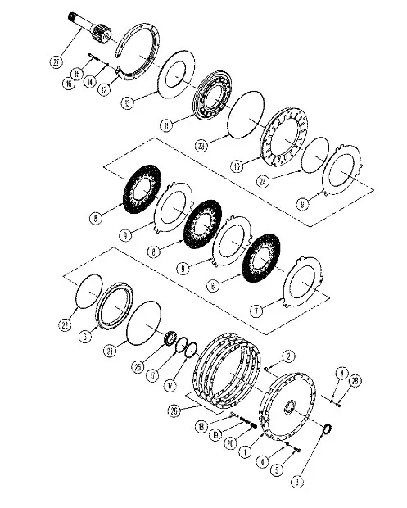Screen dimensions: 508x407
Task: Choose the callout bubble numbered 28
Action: [355, 382]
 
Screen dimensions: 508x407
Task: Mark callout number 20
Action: [253, 442]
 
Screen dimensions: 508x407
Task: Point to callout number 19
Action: [237, 434]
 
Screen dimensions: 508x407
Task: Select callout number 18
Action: [223, 426]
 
